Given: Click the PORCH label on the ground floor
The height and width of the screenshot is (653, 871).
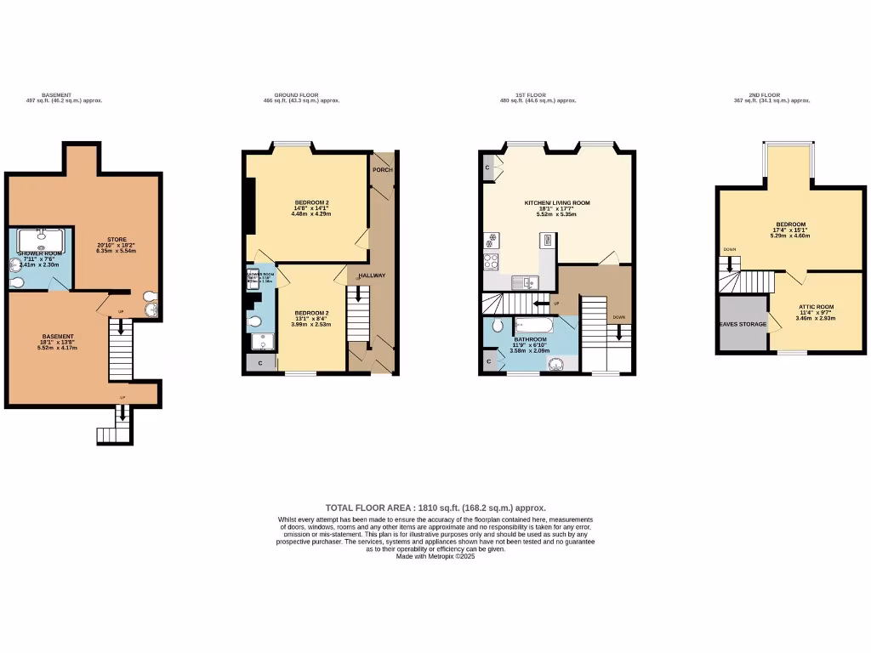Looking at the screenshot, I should tap(382, 169).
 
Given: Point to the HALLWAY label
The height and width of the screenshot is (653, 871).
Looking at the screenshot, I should tap(372, 275).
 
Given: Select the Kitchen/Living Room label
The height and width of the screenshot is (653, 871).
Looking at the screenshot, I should tap(556, 203).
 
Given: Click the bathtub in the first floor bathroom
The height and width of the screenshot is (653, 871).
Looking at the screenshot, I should tap(534, 325).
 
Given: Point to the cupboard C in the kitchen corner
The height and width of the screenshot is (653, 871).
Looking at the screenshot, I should tap(487, 167).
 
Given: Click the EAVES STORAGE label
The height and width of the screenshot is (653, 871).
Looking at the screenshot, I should tap(743, 324).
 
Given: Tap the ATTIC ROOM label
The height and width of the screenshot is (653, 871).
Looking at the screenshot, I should tap(816, 306).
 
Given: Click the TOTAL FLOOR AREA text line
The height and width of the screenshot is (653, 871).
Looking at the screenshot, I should tap(435, 507).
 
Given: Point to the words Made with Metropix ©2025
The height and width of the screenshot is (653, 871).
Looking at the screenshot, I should tap(435, 556).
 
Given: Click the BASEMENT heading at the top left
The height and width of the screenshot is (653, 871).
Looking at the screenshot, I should tap(57, 95).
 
